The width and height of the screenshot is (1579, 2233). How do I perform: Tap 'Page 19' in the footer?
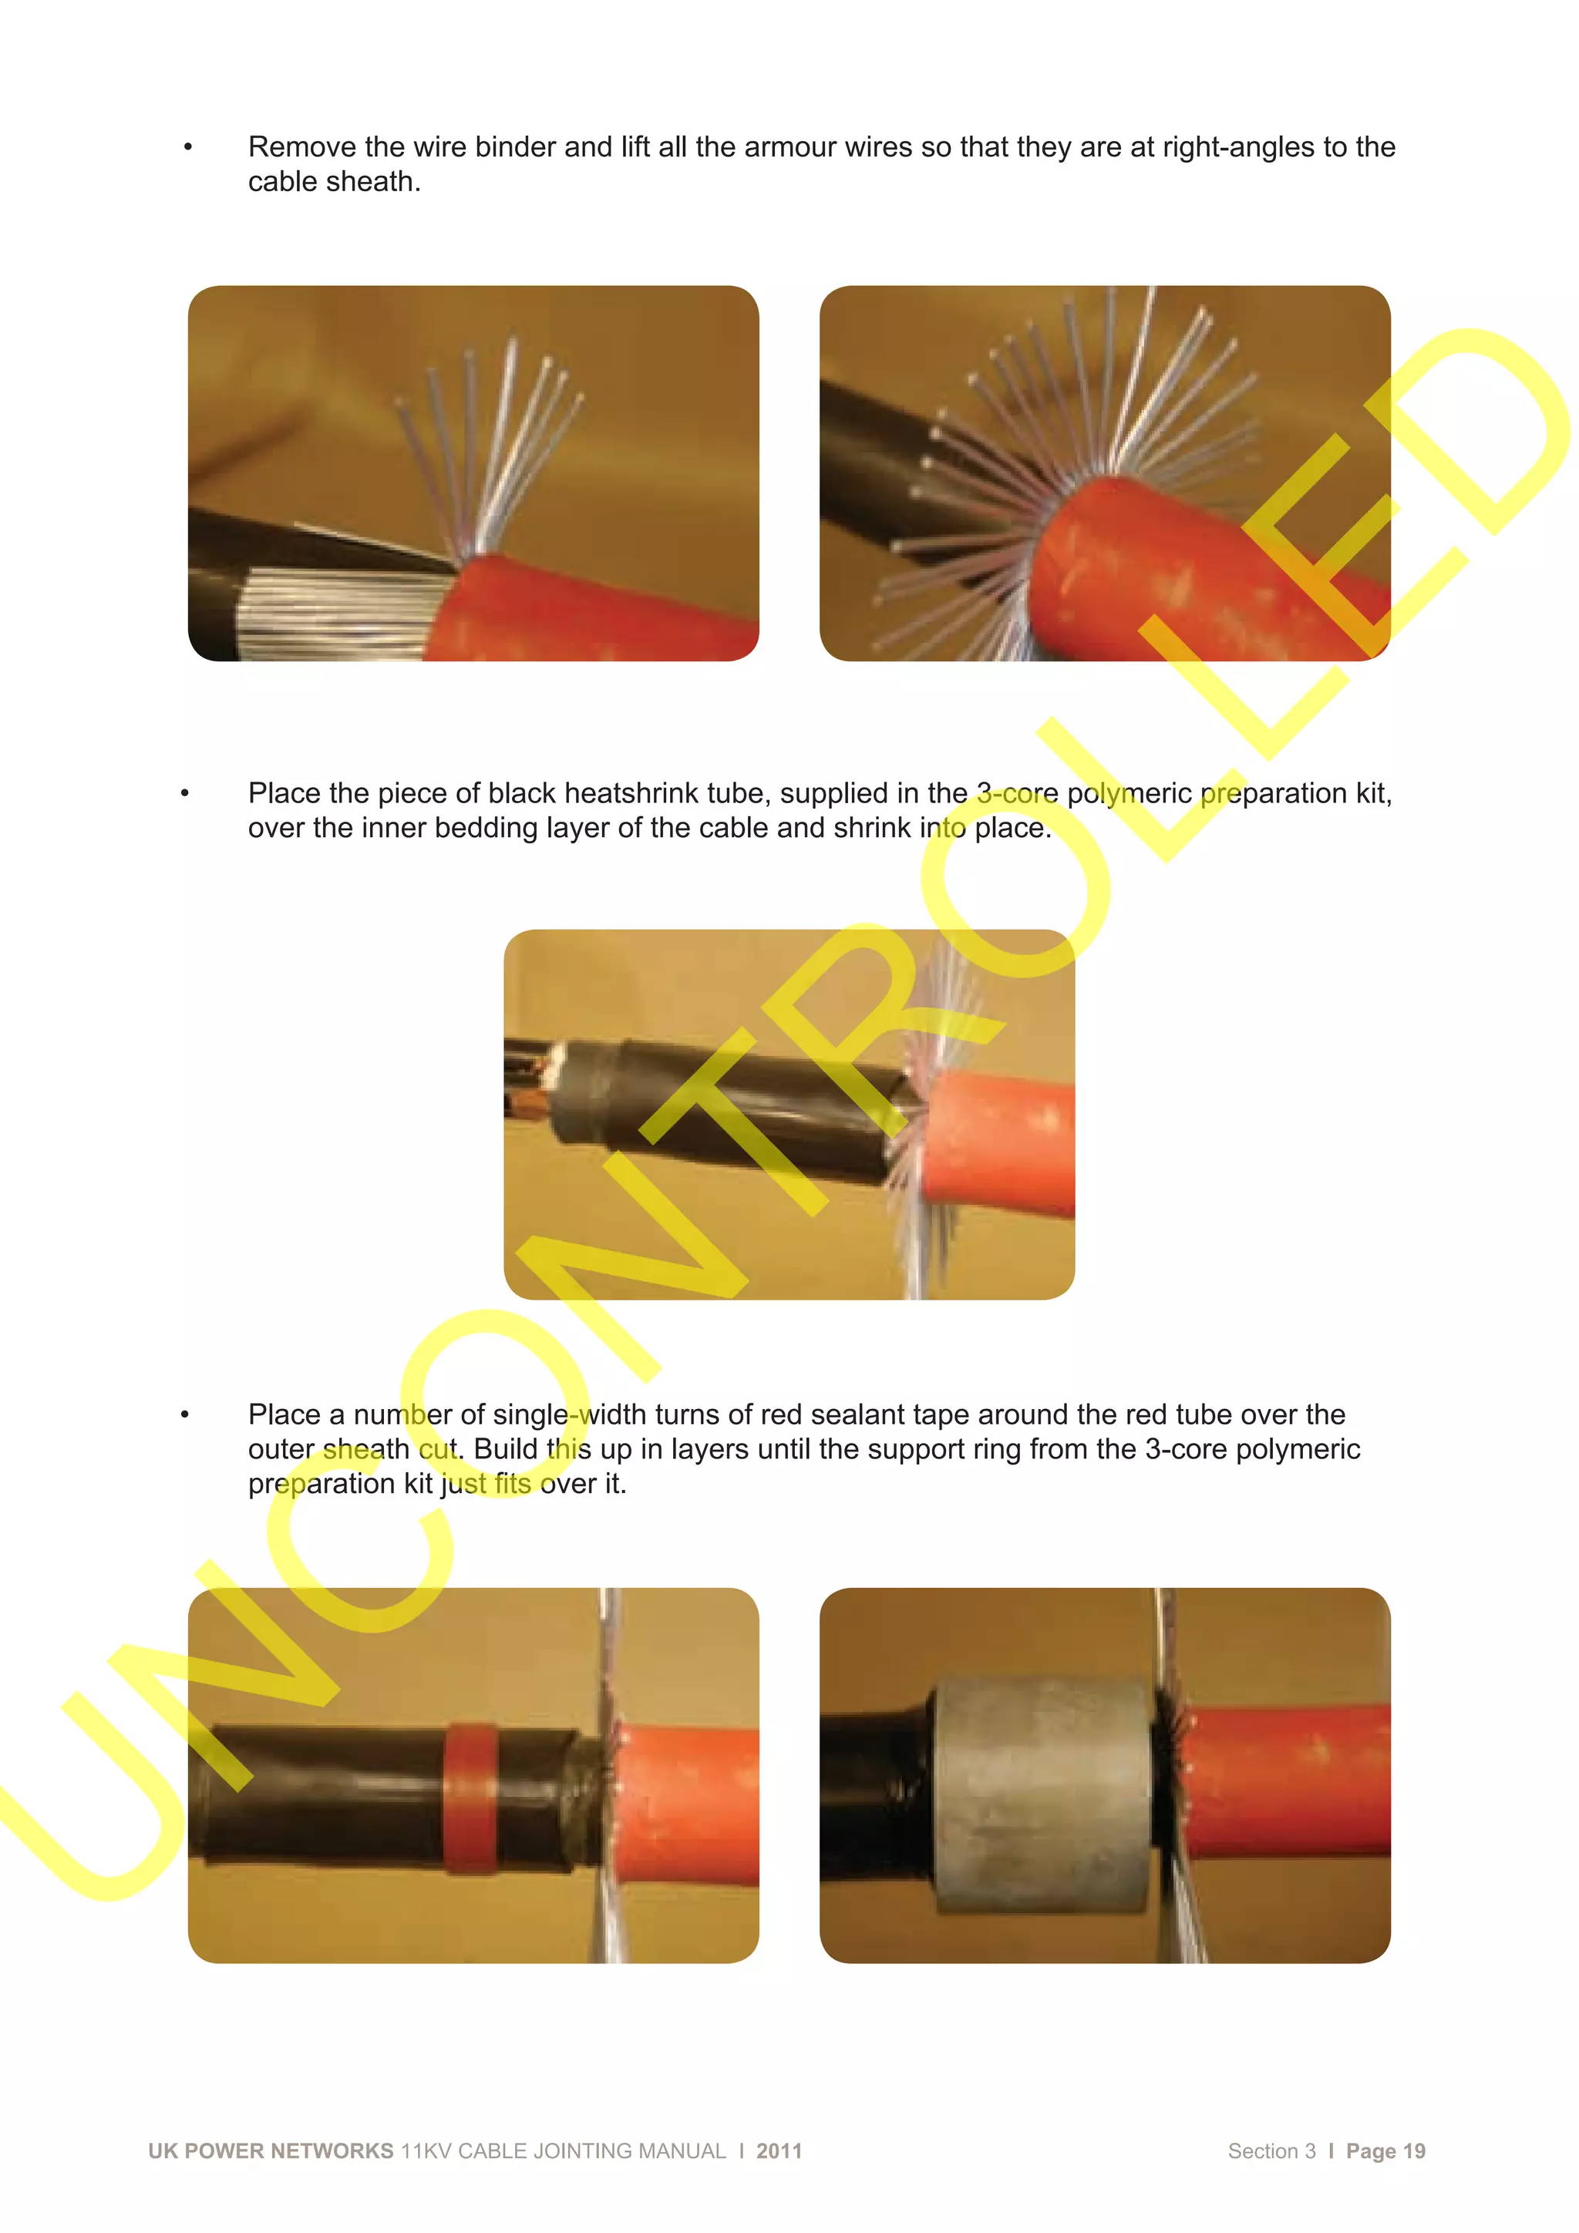pos(1385,2151)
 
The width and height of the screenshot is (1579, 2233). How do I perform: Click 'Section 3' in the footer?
pos(1271,2151)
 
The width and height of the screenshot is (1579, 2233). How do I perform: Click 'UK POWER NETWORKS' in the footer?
pos(271,2151)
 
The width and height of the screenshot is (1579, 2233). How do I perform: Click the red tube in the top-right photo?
pos(1167,573)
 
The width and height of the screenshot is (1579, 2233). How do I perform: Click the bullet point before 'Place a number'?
pos(185,1414)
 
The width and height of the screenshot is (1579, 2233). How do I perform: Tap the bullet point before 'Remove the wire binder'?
pos(188,147)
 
